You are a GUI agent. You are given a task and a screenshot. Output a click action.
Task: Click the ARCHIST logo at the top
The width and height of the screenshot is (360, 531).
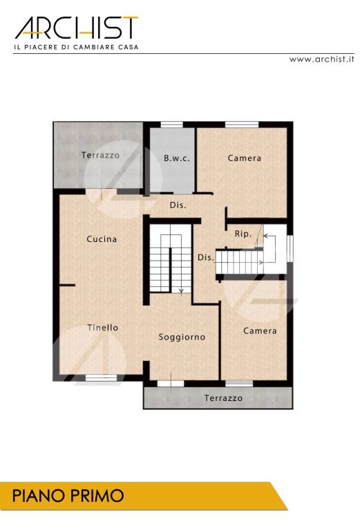77,28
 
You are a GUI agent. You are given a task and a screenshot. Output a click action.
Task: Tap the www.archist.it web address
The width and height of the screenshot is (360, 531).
321,59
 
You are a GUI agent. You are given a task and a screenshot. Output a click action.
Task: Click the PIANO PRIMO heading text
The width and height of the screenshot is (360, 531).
68,496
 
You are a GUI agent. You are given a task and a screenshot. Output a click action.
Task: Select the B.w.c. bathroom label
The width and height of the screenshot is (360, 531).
177,158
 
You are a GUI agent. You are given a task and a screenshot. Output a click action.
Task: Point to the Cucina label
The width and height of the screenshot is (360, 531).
102,239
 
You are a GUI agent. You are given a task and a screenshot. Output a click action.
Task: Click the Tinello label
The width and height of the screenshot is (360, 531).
103,328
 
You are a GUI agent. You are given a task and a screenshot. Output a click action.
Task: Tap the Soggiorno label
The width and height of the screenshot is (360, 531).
182,337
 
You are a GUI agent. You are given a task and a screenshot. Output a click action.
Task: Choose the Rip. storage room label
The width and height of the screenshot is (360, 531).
243,234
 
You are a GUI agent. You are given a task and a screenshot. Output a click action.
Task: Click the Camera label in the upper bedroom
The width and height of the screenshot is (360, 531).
245,158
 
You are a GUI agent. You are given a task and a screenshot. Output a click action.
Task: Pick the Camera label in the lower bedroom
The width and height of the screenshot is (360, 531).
260,331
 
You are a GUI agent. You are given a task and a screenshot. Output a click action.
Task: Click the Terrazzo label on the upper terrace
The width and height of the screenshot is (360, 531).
100,155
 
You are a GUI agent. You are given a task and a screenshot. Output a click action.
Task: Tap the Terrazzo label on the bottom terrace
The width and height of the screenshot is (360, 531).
223,398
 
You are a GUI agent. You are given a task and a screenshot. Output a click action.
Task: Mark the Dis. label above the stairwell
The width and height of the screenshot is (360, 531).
178,205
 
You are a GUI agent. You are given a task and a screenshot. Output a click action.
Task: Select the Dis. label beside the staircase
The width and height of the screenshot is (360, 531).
206,257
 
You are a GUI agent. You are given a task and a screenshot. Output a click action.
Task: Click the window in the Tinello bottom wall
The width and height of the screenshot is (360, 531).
101,378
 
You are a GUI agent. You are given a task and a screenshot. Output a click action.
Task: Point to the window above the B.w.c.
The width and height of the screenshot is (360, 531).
171,125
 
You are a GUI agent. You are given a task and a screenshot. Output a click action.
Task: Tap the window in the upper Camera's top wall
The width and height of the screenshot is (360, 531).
242,125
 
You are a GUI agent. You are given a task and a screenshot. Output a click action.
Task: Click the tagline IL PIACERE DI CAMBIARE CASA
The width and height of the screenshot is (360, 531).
76,47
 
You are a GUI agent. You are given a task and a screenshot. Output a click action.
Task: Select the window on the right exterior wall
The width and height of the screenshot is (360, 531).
290,248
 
